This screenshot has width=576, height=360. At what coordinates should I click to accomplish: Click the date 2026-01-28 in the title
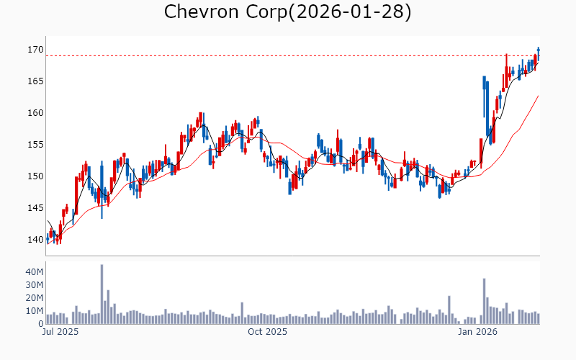(352, 12)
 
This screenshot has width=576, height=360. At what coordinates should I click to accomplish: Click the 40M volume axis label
(35, 272)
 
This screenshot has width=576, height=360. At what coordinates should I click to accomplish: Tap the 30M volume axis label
(35, 285)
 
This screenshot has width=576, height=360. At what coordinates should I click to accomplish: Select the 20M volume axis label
(35, 298)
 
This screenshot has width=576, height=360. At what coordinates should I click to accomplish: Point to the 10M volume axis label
(35, 311)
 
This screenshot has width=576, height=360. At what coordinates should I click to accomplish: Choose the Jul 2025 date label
(58, 333)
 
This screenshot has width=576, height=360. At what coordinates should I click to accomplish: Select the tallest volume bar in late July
(102, 294)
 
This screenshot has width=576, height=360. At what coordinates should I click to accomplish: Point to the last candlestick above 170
(538, 50)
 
